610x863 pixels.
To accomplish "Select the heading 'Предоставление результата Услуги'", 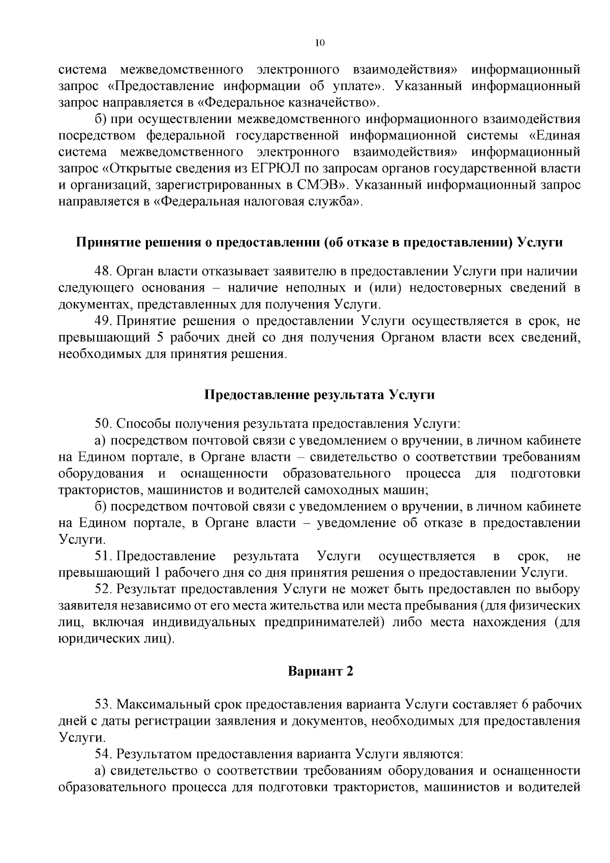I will [320, 395].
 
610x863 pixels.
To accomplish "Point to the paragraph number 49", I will [103, 321].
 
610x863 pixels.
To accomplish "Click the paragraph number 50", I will [102, 424].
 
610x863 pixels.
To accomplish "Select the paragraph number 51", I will [102, 556].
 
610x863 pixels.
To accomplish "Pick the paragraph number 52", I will [102, 589].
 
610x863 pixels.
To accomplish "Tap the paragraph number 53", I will [102, 705].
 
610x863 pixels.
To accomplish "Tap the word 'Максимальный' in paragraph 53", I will [155, 705].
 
